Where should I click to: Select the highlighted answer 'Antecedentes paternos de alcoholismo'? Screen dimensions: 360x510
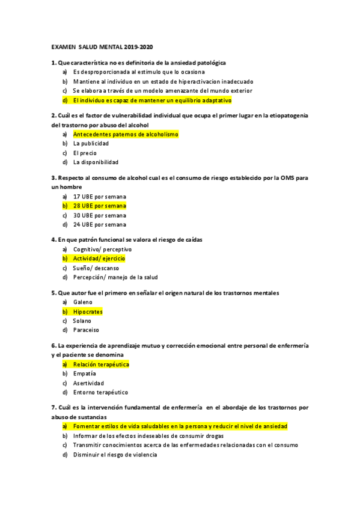[126, 135]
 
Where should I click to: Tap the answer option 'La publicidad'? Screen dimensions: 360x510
[91, 144]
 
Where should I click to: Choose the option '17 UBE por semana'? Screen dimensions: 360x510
[99, 197]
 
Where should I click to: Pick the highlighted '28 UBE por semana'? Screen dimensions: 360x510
[99, 206]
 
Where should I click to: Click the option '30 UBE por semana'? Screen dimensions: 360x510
[99, 215]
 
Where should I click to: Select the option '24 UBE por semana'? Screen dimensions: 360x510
[99, 224]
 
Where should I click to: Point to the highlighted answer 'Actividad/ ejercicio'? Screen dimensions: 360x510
[99, 259]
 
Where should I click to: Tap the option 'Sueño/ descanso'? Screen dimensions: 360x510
[96, 268]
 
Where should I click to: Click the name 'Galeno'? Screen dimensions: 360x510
[82, 303]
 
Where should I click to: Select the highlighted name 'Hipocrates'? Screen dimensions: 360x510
[88, 312]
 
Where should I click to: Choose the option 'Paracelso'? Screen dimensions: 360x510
[86, 330]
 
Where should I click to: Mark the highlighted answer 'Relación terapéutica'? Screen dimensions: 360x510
[101, 364]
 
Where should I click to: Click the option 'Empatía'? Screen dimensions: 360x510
[84, 373]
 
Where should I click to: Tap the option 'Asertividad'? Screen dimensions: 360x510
[88, 383]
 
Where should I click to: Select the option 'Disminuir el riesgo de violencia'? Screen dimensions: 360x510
[115, 455]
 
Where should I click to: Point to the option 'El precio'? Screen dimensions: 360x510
[85, 153]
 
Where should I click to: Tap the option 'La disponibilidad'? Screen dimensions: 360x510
[96, 162]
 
